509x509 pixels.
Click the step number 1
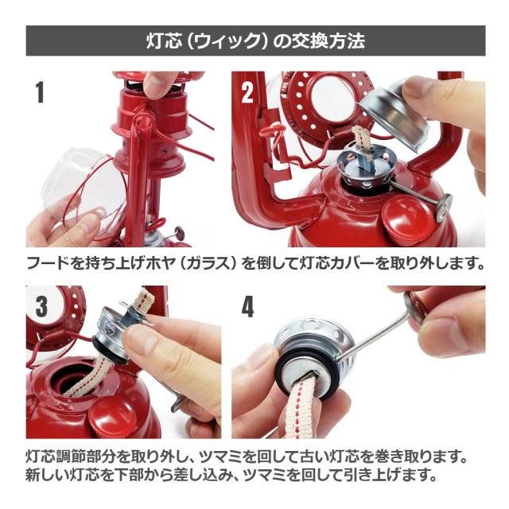40,92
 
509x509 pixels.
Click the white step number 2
247,92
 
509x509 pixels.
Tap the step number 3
41,306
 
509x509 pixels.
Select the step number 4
247,307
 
